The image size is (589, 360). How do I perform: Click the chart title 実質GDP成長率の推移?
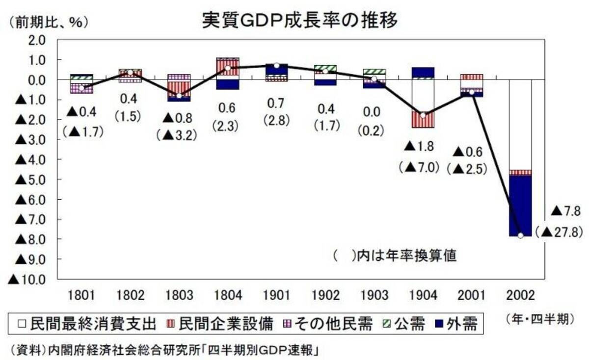(x=299, y=21)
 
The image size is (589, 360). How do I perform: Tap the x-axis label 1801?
(x=81, y=296)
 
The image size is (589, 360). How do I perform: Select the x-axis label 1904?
(x=423, y=296)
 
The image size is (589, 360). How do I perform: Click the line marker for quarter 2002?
(x=520, y=235)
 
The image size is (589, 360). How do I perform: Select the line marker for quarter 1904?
(x=423, y=115)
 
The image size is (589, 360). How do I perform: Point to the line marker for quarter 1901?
(x=276, y=65)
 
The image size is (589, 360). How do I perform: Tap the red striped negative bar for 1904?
(x=423, y=120)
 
